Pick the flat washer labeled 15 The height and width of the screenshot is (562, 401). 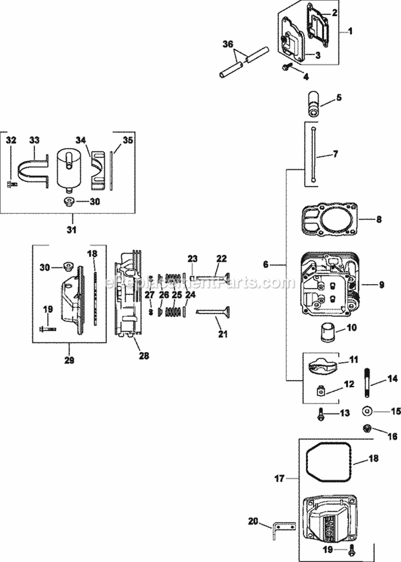pos(367,412)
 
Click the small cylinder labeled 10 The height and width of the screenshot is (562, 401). pos(327,335)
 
